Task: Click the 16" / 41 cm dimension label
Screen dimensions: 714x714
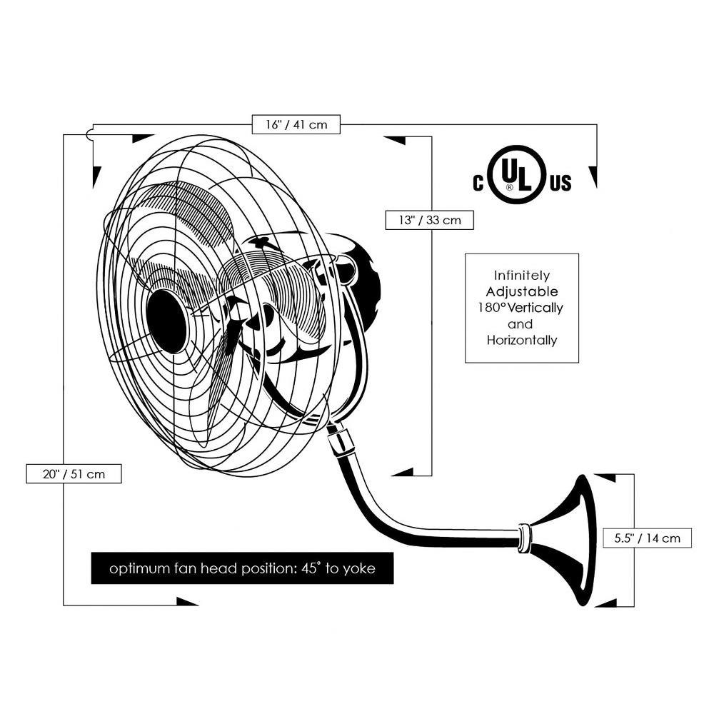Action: point(296,124)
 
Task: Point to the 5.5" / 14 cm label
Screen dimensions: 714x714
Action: point(648,538)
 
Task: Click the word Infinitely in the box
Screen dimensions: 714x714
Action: point(522,275)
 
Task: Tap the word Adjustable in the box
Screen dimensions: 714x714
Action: point(522,291)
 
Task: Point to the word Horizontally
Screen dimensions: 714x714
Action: point(522,341)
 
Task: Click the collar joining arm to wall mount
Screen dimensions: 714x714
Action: point(525,537)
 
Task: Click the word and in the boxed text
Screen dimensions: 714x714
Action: point(522,324)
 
